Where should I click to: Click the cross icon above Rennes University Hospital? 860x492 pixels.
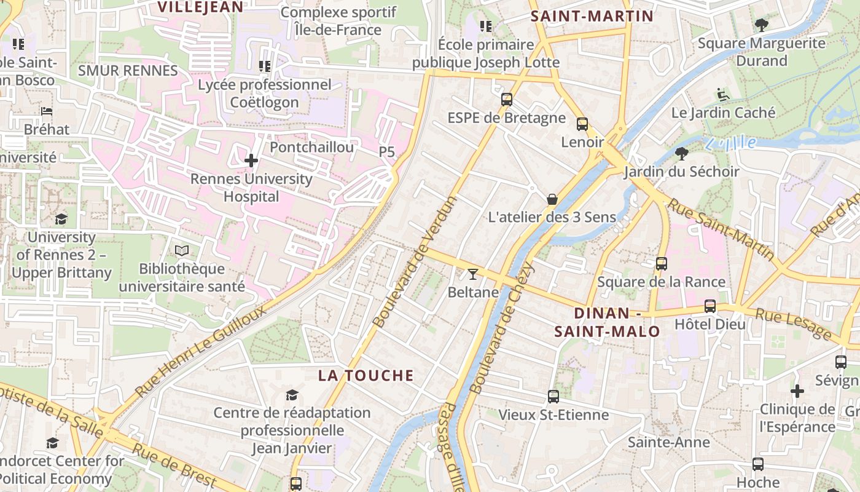point(251,161)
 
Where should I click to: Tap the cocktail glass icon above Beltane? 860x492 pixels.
point(473,274)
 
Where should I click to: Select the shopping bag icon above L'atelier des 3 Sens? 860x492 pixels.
point(552,199)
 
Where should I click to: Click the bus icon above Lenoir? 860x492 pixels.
point(582,124)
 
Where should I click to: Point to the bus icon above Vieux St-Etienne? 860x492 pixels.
point(553,397)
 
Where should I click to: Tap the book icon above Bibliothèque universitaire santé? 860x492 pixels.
point(182,250)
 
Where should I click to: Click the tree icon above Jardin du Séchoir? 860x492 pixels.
point(681,153)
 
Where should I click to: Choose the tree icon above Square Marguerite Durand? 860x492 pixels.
point(762,25)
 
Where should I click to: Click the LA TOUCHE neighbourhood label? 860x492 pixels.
point(366,376)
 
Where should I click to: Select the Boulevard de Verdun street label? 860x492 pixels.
point(416,262)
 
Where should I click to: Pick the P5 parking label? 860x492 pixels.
point(386,151)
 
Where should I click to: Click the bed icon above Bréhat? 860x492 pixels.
point(47,111)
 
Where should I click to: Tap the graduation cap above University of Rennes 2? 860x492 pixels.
point(61,219)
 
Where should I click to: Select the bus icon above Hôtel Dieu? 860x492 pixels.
point(710,306)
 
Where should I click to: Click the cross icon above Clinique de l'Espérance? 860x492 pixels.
point(797,391)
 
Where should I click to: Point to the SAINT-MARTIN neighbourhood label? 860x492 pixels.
point(592,16)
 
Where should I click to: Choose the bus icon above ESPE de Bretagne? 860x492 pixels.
point(507,99)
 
